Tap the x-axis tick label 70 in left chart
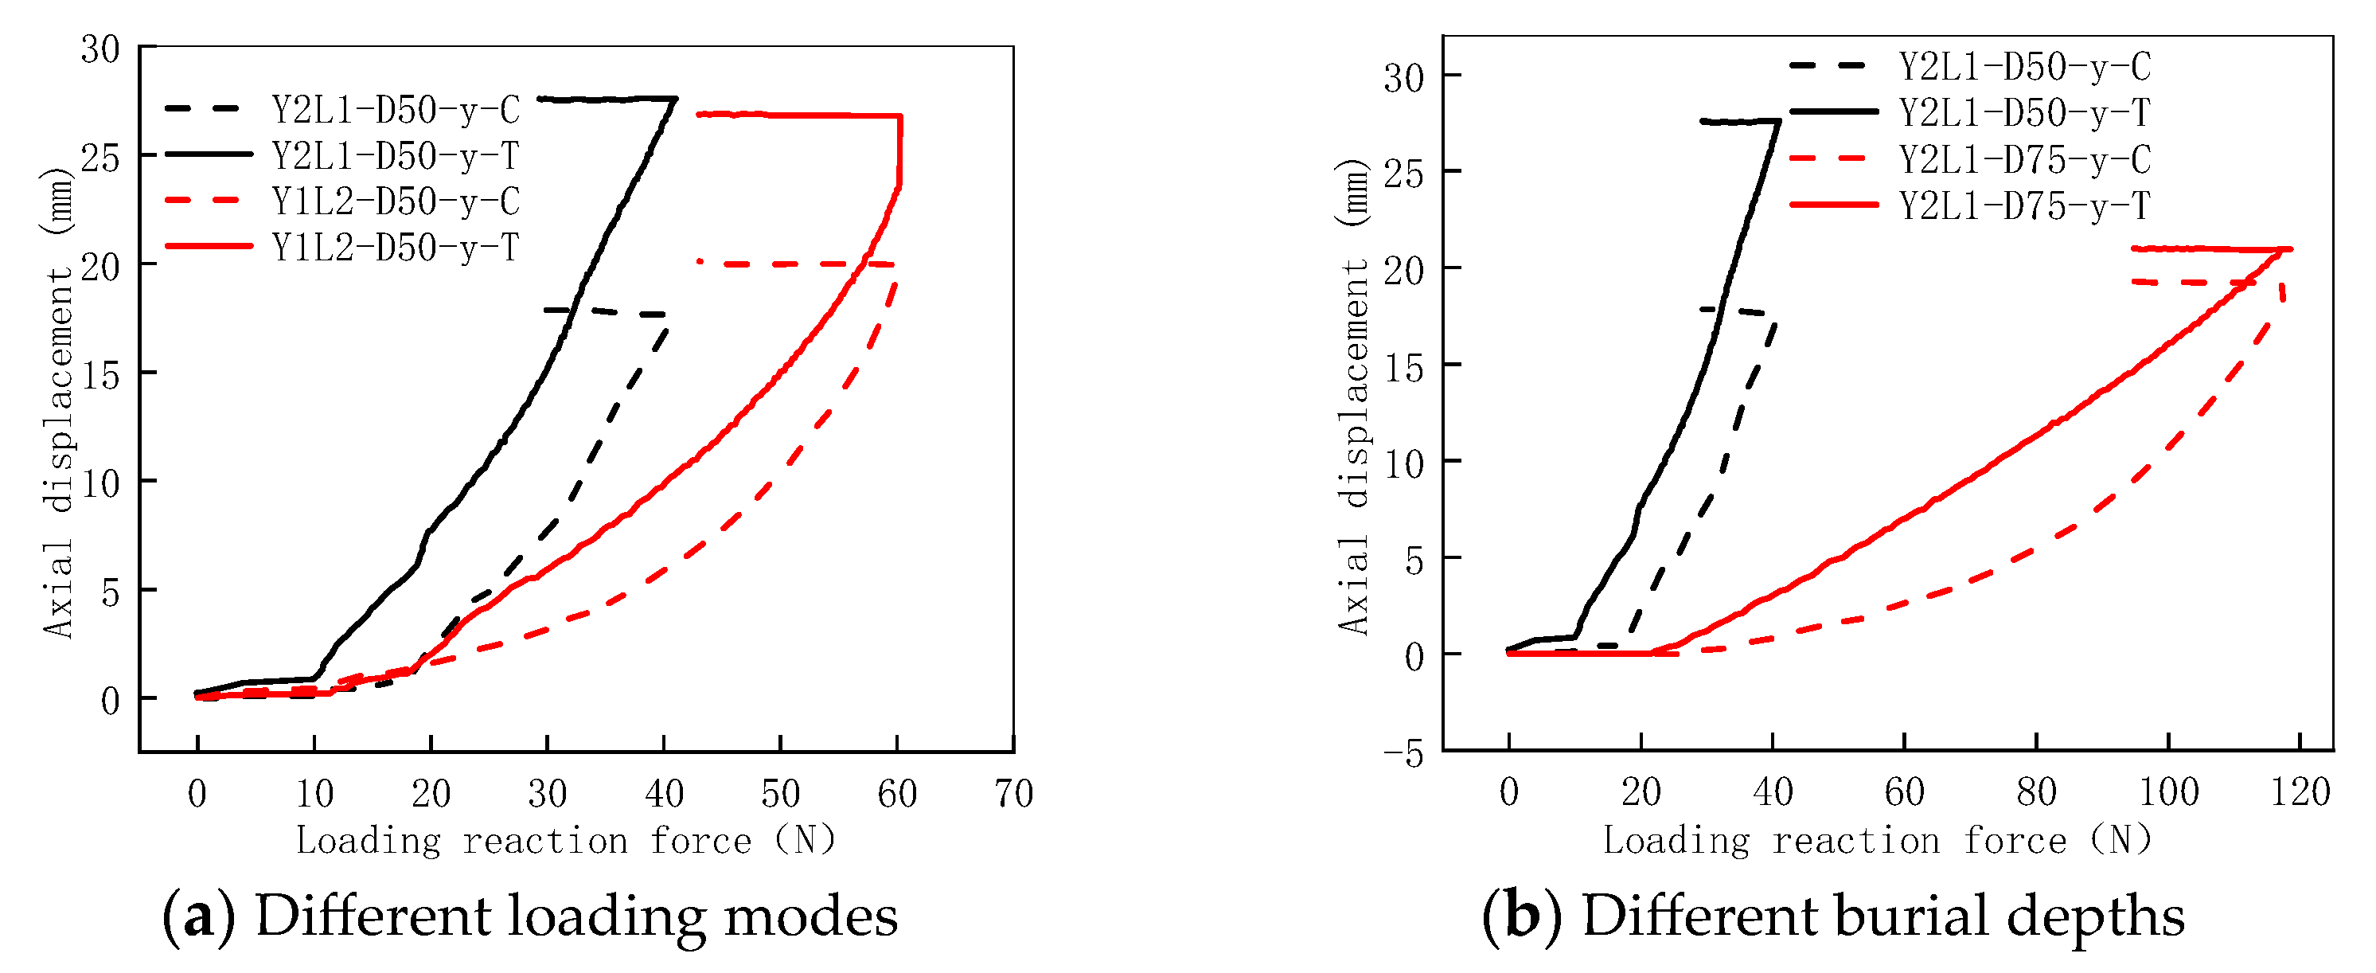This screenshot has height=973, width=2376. click(x=1013, y=794)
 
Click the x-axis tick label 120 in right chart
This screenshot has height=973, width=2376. click(x=2300, y=792)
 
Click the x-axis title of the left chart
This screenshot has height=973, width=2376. click(x=565, y=840)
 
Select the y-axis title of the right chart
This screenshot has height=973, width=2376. click(x=1354, y=397)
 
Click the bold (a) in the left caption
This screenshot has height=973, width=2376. click(x=198, y=916)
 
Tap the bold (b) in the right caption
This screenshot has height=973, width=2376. click(x=1522, y=916)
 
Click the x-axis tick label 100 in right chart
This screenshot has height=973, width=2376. click(x=2168, y=792)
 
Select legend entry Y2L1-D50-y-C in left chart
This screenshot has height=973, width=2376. click(x=395, y=111)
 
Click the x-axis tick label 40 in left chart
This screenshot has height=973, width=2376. click(x=664, y=794)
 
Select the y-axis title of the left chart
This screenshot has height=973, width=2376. click(x=58, y=402)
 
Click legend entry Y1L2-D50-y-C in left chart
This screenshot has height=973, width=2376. click(x=395, y=202)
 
